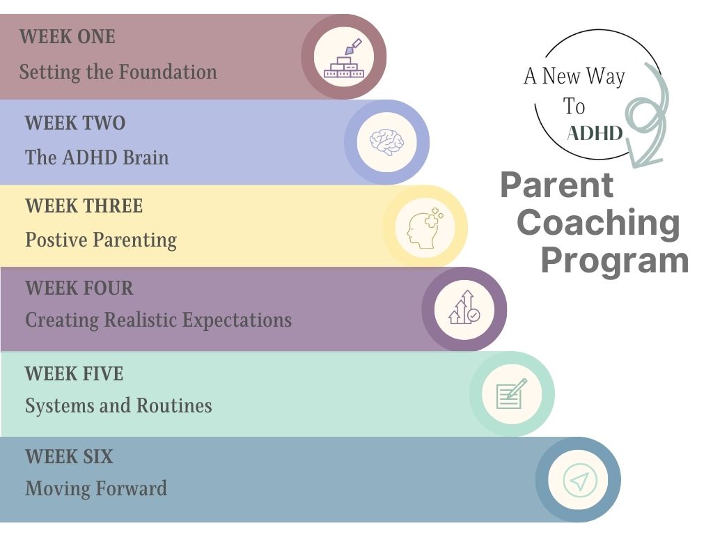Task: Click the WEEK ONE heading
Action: pos(68,37)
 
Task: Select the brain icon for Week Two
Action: pos(386,142)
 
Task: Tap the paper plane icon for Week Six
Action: pos(580,480)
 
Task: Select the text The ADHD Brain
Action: pos(97,157)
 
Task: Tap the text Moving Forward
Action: pos(96,488)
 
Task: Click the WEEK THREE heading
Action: pos(84,206)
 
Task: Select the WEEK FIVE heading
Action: pos(74,374)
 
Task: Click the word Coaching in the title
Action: pos(598,224)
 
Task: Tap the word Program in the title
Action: pos(615,261)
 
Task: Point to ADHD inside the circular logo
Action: pos(595,133)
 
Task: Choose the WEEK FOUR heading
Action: pos(79,288)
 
